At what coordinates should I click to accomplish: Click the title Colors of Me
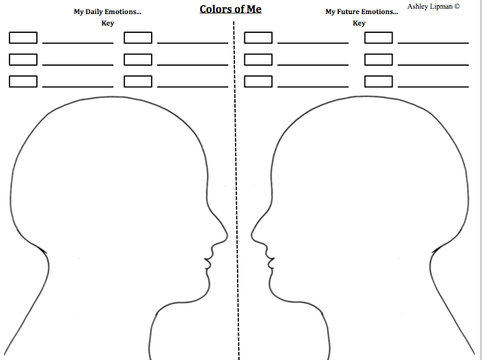[x=230, y=9]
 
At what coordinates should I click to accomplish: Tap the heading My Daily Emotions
[x=107, y=12]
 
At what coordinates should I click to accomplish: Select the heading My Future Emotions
[x=361, y=12]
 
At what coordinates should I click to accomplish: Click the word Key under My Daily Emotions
[x=107, y=24]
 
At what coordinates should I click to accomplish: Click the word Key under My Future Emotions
[x=359, y=24]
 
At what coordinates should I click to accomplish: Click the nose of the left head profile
[x=224, y=236]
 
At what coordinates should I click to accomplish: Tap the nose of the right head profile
[x=255, y=234]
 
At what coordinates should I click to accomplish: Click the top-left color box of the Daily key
[x=23, y=38]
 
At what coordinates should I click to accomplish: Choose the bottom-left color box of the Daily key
[x=23, y=81]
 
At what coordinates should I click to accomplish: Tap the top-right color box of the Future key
[x=378, y=38]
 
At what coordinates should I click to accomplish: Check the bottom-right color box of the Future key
[x=378, y=81]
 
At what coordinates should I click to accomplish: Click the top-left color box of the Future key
[x=258, y=38]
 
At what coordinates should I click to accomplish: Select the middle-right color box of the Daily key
[x=138, y=60]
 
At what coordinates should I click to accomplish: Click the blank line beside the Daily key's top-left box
[x=78, y=43]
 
